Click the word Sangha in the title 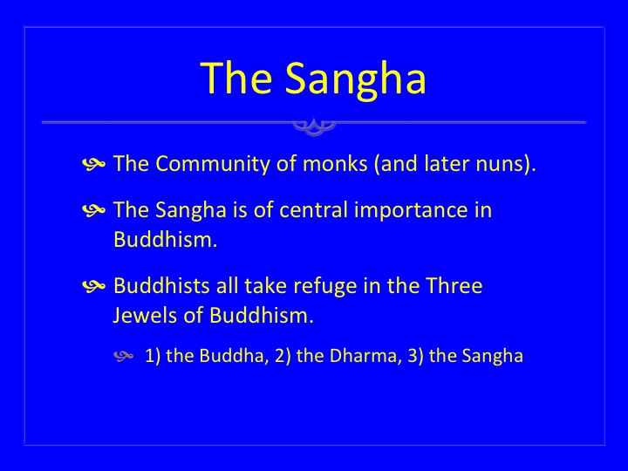pyautogui.click(x=355, y=79)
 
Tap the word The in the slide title pyautogui.click(x=236, y=78)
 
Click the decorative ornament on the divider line pyautogui.click(x=314, y=126)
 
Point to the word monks pyautogui.click(x=335, y=164)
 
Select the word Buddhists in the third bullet pyautogui.click(x=162, y=286)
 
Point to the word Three pyautogui.click(x=454, y=286)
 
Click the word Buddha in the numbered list pyautogui.click(x=231, y=356)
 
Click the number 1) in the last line pyautogui.click(x=153, y=356)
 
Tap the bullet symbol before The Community pyautogui.click(x=93, y=164)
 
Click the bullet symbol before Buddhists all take pyautogui.click(x=93, y=286)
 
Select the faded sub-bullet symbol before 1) pyautogui.click(x=123, y=356)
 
